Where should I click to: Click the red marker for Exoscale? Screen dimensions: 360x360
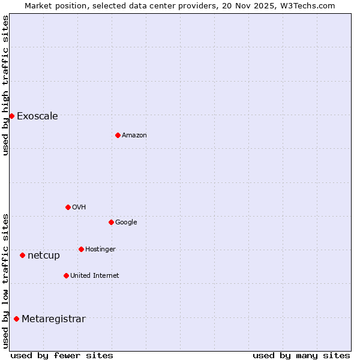pos(11,116)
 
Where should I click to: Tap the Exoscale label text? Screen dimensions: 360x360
pos(37,116)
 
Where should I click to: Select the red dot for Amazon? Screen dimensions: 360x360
pos(118,135)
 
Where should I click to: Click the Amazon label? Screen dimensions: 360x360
pos(134,136)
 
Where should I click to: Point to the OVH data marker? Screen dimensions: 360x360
pos(68,207)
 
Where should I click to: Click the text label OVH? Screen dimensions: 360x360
pos(79,208)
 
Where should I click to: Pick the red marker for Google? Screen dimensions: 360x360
pos(111,222)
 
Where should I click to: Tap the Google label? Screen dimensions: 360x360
pos(126,223)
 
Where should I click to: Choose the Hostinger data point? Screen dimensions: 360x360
pos(81,249)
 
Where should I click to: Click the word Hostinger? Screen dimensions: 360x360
pos(100,250)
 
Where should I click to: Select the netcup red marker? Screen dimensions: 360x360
pos(22,255)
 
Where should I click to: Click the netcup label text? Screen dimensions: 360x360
pos(44,256)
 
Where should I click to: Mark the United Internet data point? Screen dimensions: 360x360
pos(66,275)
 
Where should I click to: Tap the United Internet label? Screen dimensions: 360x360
pos(94,276)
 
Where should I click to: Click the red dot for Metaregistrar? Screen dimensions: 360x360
pos(16,319)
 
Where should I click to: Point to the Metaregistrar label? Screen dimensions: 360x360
pos(53,319)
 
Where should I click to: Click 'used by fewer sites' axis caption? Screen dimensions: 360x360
pos(62,355)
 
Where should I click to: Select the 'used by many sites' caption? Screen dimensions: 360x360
pos(301,355)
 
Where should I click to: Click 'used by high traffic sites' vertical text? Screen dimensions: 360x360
pos(5,85)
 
